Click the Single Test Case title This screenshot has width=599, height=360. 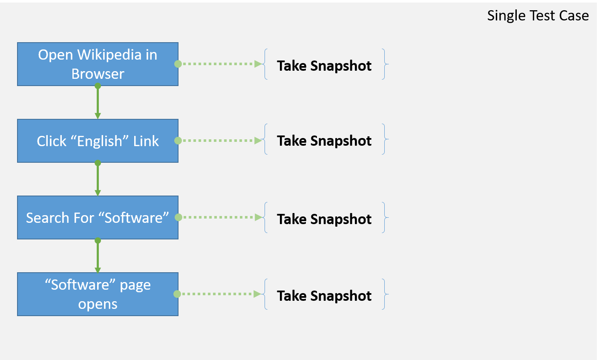click(538, 15)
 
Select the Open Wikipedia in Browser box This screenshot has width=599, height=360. click(98, 64)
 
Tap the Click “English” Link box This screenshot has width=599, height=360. click(98, 141)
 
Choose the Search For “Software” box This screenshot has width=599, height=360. click(98, 217)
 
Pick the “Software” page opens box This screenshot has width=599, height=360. click(98, 294)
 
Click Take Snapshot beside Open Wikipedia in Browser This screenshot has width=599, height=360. click(324, 66)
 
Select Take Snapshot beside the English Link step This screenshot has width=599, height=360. click(324, 141)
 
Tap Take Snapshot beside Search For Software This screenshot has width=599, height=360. click(324, 219)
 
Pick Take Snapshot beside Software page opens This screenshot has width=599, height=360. click(324, 296)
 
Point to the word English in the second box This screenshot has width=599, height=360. click(99, 141)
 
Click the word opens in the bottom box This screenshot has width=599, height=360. click(98, 304)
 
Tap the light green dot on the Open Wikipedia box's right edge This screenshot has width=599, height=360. click(178, 64)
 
